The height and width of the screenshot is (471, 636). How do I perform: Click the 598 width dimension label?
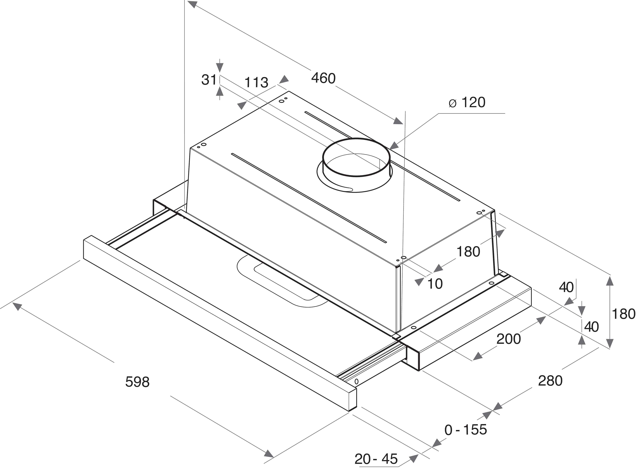pyautogui.click(x=137, y=382)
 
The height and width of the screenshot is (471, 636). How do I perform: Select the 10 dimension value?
pyautogui.click(x=435, y=284)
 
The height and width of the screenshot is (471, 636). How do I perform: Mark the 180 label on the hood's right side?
pyautogui.click(x=468, y=252)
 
